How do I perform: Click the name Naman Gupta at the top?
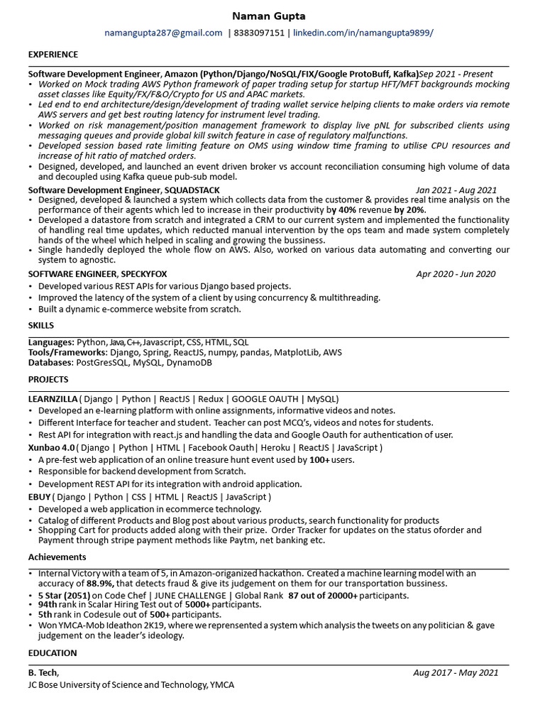[x=272, y=16]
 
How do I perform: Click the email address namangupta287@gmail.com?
[x=163, y=33]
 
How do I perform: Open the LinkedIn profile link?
[x=363, y=33]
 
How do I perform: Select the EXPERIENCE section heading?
[x=53, y=55]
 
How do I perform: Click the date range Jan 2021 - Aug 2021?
[x=456, y=190]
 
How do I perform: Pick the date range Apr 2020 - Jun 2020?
[x=456, y=274]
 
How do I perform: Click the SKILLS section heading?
[x=41, y=324]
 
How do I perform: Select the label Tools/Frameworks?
[x=68, y=352]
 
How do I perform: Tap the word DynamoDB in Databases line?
[x=189, y=362]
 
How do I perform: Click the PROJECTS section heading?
[x=48, y=380]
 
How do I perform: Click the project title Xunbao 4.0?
[x=51, y=447]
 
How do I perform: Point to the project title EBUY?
[x=39, y=497]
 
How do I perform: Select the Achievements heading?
[x=57, y=557]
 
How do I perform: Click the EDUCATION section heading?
[x=53, y=653]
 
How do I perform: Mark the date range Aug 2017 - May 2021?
[x=456, y=673]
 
